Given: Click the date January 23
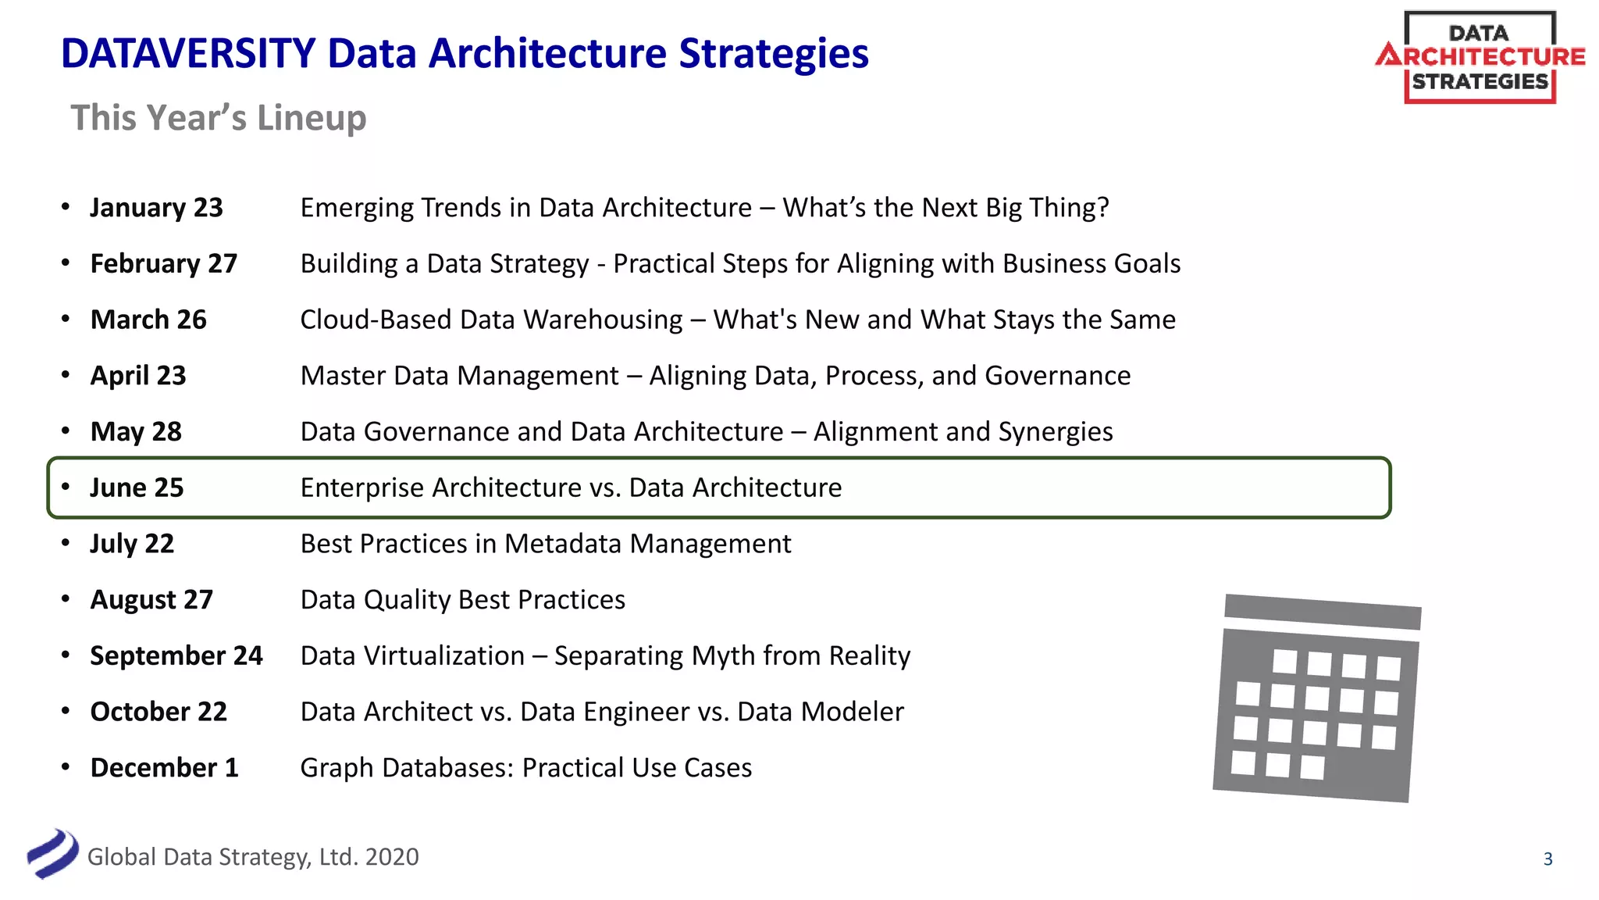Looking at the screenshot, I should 156,208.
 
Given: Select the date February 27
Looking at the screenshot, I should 163,264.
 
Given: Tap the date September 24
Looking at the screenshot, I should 176,656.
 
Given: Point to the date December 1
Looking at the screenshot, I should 164,768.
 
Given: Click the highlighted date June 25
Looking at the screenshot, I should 137,488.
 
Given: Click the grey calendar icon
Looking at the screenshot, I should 1316,698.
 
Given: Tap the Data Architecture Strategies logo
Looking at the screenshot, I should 1480,57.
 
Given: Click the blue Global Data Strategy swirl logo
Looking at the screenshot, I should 53,854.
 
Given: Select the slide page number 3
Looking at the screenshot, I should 1547,859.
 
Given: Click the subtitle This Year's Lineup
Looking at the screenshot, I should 219,118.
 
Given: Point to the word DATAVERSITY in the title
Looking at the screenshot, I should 188,54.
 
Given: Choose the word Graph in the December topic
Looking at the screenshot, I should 337,769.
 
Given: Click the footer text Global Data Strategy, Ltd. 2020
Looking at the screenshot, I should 253,857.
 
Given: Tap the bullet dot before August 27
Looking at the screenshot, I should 66,599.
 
